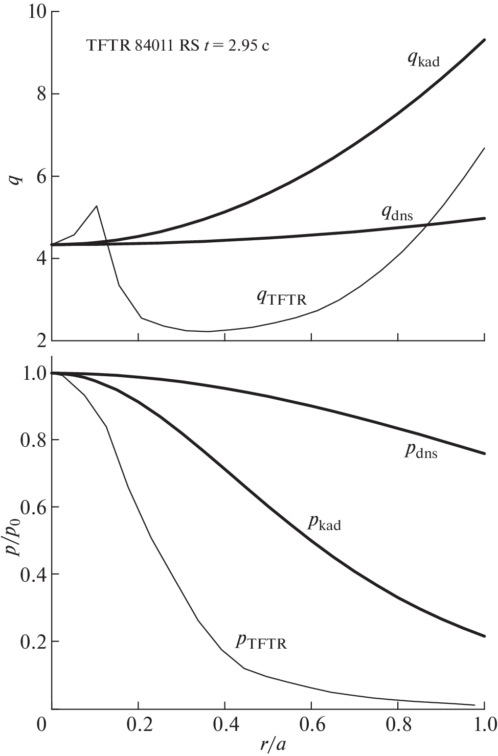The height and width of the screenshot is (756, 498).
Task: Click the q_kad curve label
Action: pyautogui.click(x=423, y=60)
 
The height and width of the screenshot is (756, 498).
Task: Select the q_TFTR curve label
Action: pyautogui.click(x=282, y=297)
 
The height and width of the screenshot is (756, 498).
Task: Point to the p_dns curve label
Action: pyautogui.click(x=421, y=451)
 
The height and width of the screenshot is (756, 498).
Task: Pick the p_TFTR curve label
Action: pyautogui.click(x=261, y=641)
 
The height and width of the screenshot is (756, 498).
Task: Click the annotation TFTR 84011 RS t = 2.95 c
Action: pyautogui.click(x=178, y=46)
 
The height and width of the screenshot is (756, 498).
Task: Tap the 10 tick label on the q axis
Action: pyautogui.click(x=34, y=12)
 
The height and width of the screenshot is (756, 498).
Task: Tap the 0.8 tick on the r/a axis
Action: pyautogui.click(x=398, y=725)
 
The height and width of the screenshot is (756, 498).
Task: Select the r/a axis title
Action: pyautogui.click(x=273, y=745)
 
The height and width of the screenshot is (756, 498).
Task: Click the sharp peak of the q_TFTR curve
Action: pyautogui.click(x=97, y=206)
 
